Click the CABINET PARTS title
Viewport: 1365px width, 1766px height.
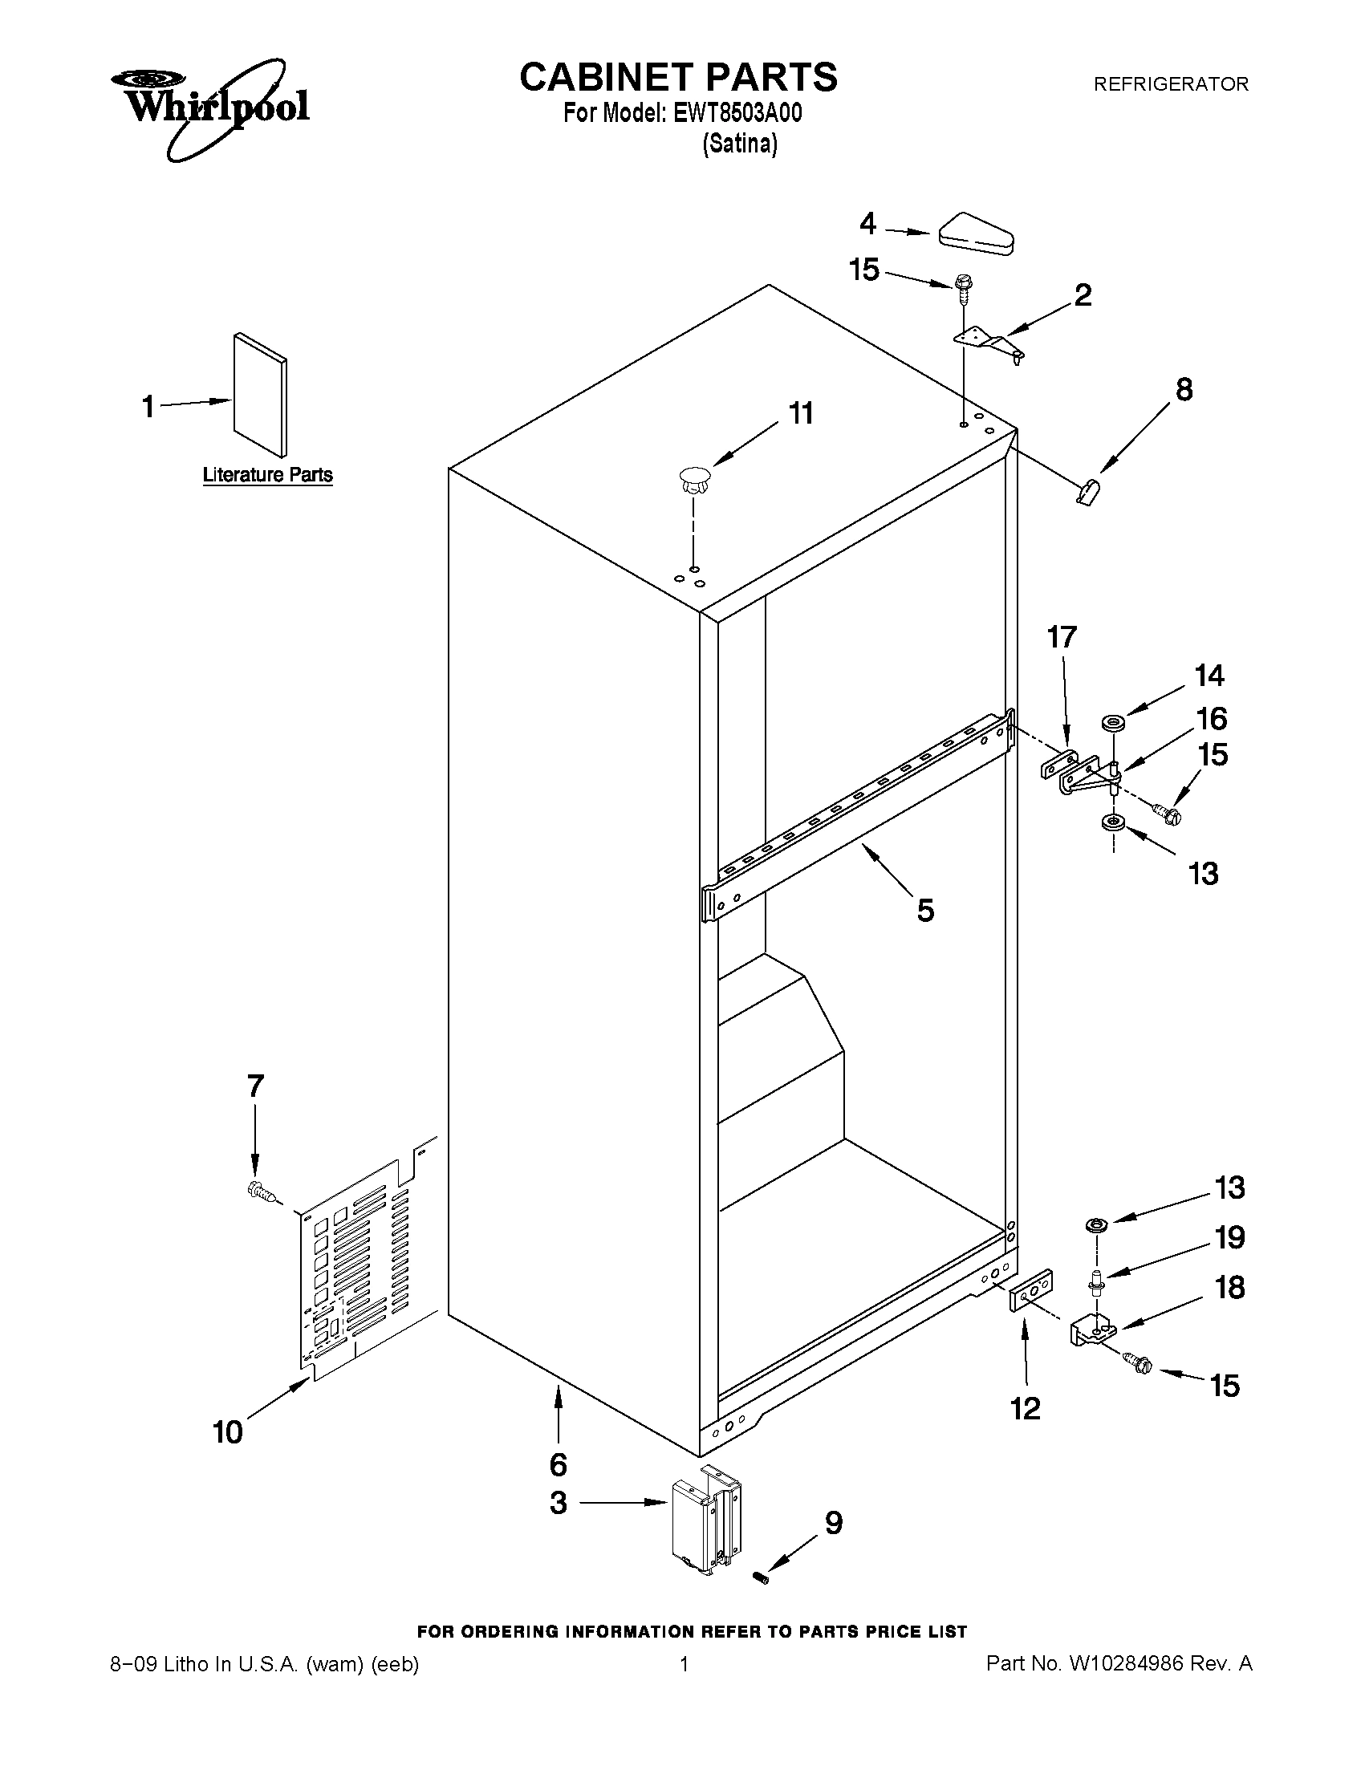point(677,77)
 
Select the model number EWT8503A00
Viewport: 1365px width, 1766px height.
point(737,113)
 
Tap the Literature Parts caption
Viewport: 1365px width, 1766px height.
point(268,475)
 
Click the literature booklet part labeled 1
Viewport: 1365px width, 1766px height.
point(259,396)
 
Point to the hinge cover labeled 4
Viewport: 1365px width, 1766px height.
point(976,233)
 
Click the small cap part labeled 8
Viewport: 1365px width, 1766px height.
point(1088,490)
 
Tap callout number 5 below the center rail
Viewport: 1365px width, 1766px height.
point(925,911)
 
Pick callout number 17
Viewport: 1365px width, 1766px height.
point(1062,637)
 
